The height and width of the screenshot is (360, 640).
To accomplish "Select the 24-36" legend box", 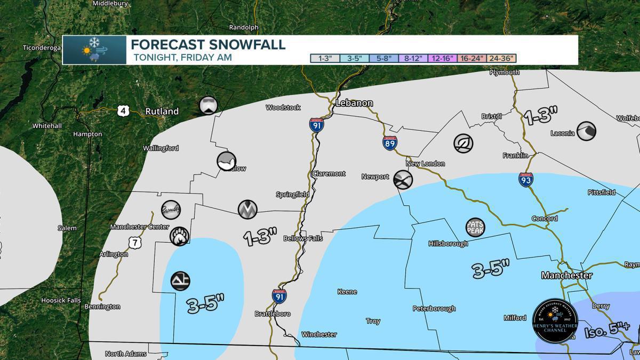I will click(502, 58).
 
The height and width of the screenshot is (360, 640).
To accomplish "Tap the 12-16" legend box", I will click(443, 58).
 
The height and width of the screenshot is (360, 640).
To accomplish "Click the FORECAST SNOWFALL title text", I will click(208, 44).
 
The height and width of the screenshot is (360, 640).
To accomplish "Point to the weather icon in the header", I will click(94, 50).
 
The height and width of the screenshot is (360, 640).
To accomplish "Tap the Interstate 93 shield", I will click(525, 179).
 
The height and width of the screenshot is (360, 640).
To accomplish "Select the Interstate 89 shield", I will click(389, 142).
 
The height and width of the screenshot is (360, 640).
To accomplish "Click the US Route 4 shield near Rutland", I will click(123, 110).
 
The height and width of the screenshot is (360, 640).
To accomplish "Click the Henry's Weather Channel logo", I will click(555, 321).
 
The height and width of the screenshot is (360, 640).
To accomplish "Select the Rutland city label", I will click(162, 111).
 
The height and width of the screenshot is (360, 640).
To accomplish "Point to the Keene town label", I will click(347, 292).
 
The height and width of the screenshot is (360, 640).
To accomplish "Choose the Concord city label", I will click(545, 219).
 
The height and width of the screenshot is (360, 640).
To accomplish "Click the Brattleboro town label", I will click(273, 314).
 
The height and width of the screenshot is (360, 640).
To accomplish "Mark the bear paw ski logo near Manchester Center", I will click(179, 235).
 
